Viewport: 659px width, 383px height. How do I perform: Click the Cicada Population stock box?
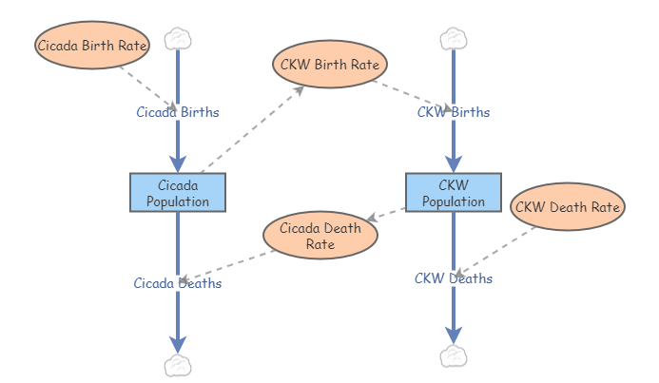tap(177, 192)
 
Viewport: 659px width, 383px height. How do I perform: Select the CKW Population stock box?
tap(453, 192)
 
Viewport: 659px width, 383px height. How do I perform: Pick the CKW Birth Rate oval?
tap(330, 66)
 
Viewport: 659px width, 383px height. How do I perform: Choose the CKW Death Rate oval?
tap(568, 206)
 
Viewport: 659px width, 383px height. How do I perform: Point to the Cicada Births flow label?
tap(177, 112)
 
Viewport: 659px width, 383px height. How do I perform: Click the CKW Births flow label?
tap(454, 112)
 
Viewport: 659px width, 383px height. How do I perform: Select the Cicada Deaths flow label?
tap(177, 283)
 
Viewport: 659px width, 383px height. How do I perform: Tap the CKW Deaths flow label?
tap(454, 278)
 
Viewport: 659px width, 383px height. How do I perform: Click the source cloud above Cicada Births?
tap(178, 39)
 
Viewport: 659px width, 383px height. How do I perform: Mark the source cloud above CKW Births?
tap(454, 39)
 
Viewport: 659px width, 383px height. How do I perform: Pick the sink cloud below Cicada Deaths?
tap(178, 365)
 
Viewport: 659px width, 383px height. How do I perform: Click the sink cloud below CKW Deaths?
tap(454, 355)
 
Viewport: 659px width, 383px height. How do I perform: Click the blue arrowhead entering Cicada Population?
tap(178, 162)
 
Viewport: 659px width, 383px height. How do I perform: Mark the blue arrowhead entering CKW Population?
tap(454, 162)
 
